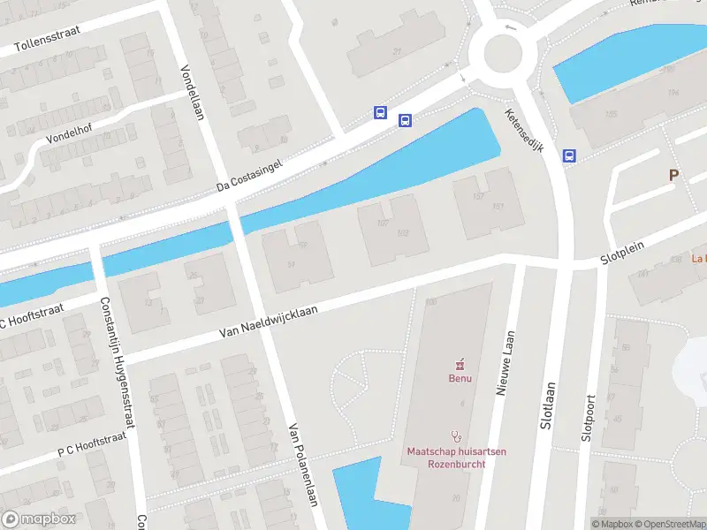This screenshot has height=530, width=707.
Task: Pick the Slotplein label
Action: (623, 253)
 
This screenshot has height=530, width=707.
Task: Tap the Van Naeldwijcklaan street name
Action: (267, 322)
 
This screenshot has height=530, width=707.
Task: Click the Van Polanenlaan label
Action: (301, 475)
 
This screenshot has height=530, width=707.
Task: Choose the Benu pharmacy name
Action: (458, 379)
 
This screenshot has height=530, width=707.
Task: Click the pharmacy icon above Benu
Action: (458, 364)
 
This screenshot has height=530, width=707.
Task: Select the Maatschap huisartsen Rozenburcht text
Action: (457, 458)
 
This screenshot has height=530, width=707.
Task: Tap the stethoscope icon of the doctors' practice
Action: (457, 435)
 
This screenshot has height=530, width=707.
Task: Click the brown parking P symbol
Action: (673, 175)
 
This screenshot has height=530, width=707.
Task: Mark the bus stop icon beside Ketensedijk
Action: (569, 156)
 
